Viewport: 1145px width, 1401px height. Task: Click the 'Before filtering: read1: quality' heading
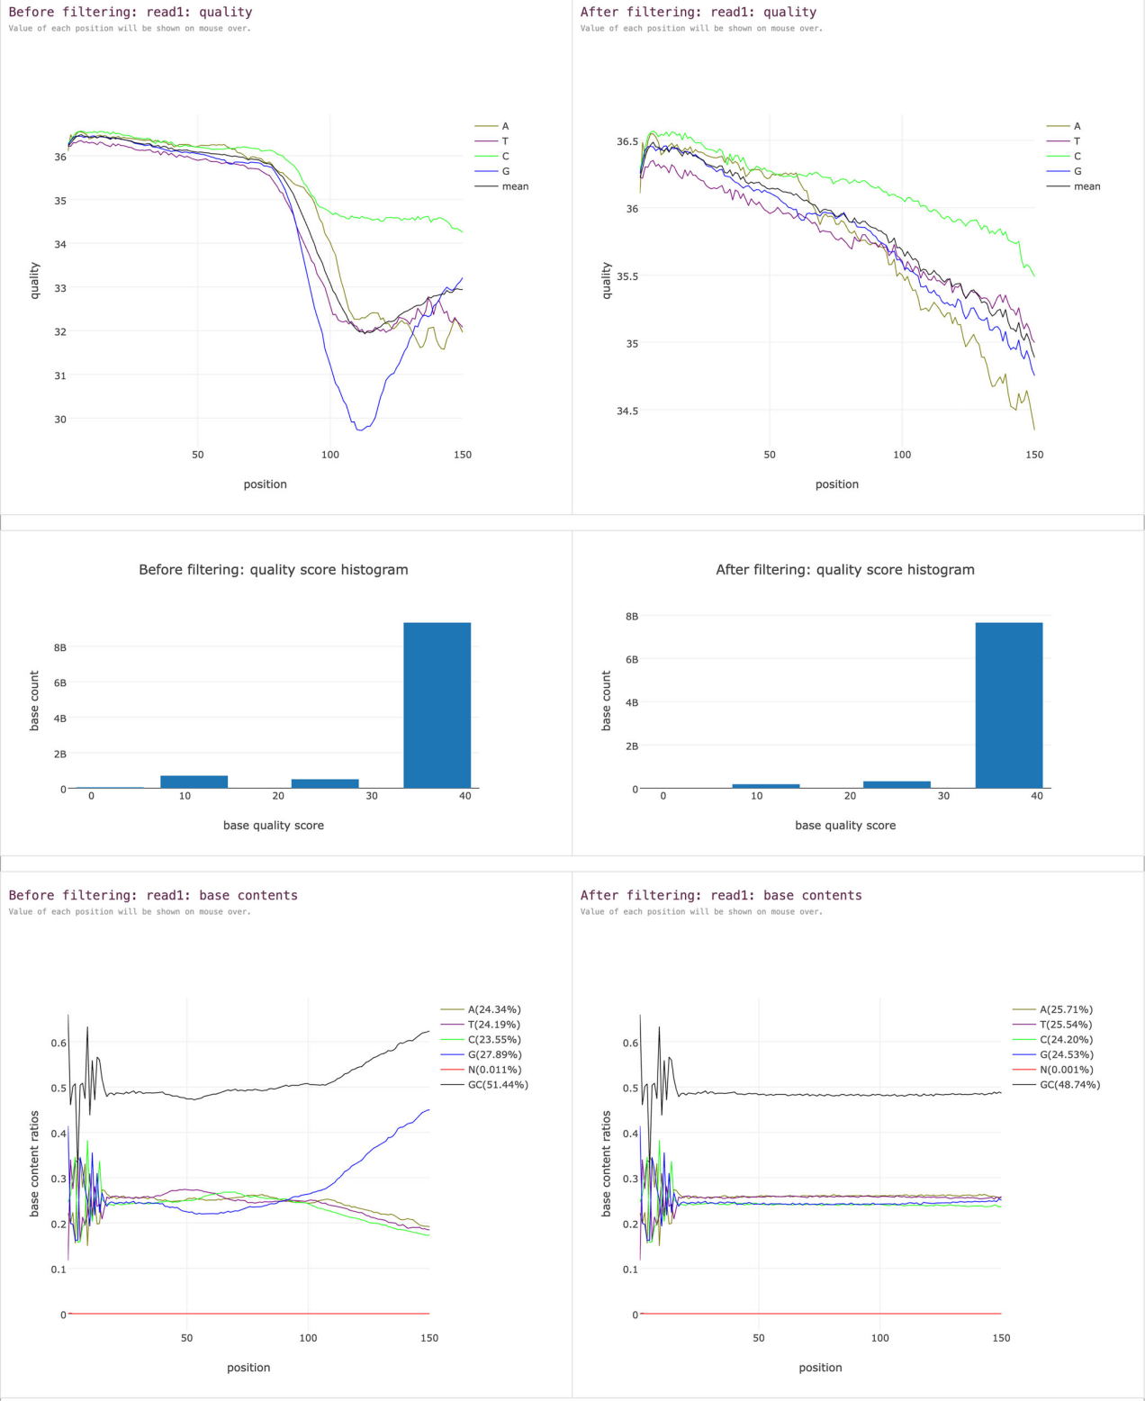[x=131, y=12]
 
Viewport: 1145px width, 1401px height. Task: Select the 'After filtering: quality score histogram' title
[x=844, y=569]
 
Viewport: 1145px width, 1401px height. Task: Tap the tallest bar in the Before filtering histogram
[x=437, y=705]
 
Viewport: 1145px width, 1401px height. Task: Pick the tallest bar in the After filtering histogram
[x=1009, y=705]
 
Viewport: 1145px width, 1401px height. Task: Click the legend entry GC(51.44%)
[x=498, y=1085]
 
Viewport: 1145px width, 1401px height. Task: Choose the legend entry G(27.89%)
[x=494, y=1054]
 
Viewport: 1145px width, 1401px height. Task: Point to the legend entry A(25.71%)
[x=1066, y=1009]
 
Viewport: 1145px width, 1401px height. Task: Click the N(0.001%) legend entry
[x=1066, y=1070]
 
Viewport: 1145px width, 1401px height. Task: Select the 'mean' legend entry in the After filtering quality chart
[x=1086, y=186]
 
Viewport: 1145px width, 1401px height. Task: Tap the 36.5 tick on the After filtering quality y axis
[x=627, y=141]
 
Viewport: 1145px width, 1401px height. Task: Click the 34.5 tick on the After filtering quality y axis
[x=627, y=411]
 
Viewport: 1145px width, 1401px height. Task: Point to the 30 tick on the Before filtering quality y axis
[x=60, y=419]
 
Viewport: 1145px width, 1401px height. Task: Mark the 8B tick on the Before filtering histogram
[x=60, y=647]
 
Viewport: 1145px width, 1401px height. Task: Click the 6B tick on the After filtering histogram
[x=632, y=659]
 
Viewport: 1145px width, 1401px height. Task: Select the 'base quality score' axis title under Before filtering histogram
[x=274, y=825]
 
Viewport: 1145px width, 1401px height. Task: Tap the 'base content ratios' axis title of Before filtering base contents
[x=35, y=1163]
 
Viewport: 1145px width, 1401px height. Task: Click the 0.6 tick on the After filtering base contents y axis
[x=630, y=1043]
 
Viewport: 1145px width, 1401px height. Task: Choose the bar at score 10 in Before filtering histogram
[x=194, y=782]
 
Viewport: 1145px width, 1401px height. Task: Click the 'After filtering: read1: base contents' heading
[x=721, y=895]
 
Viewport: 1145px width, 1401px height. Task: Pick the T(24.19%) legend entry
[x=493, y=1025]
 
